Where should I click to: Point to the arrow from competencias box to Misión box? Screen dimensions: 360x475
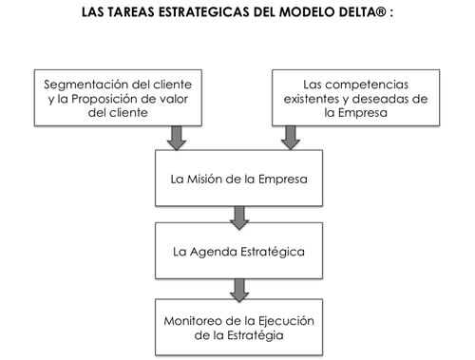click(291, 138)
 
